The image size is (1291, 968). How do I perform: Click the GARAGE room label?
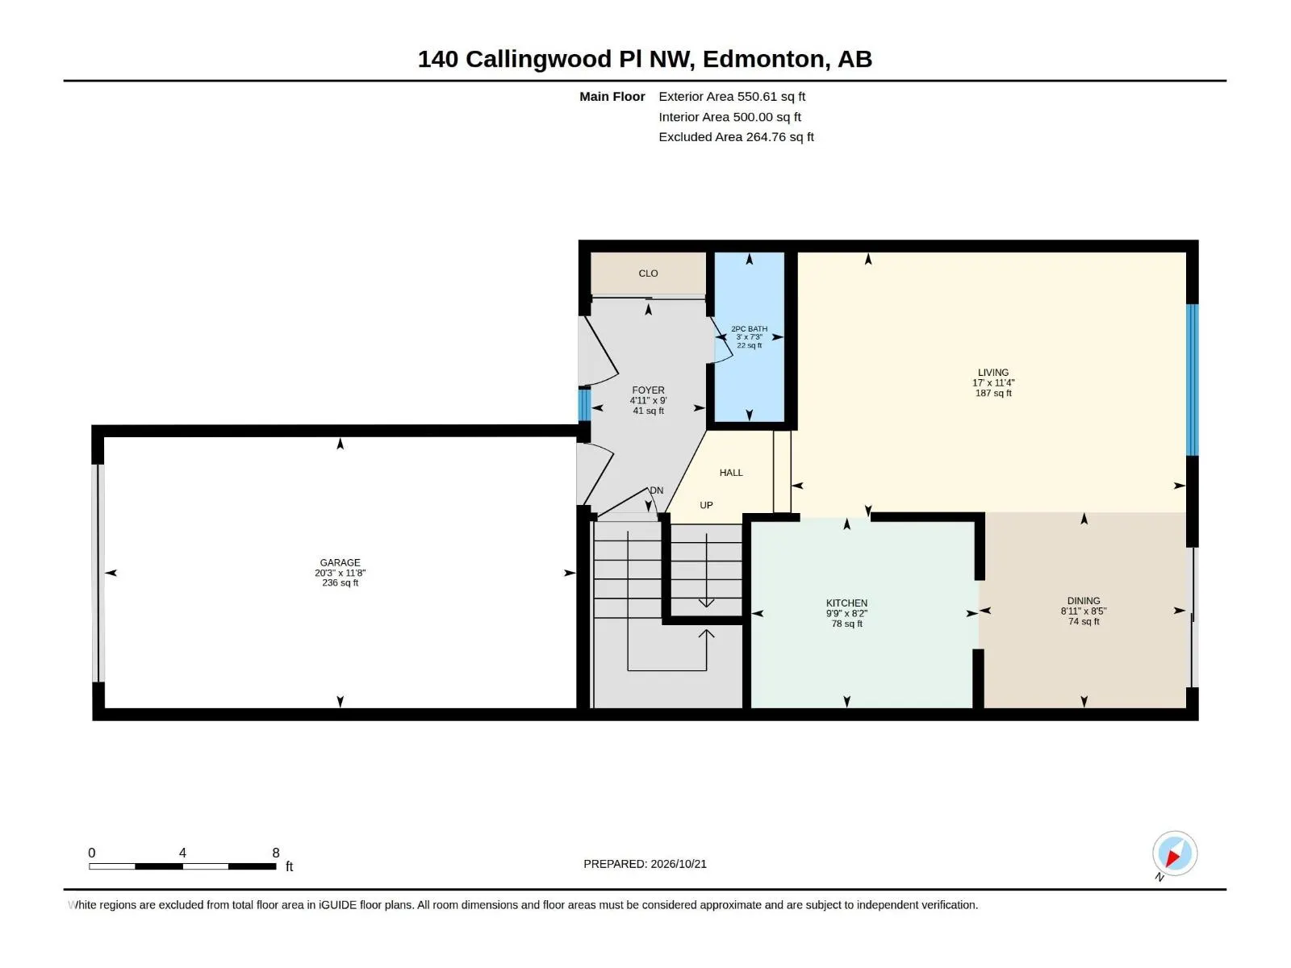[340, 562]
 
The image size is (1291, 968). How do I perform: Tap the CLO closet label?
[648, 273]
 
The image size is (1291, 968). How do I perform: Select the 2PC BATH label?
[750, 329]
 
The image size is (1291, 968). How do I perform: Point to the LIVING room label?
[993, 373]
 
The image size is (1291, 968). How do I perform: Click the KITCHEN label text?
[847, 603]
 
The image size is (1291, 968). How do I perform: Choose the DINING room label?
[1084, 601]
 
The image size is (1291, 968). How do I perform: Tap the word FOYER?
[648, 390]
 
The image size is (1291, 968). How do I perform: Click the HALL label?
[731, 473]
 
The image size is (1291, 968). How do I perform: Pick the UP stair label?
[706, 505]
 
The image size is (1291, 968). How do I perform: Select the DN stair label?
[656, 490]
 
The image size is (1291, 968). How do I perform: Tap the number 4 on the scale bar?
[182, 853]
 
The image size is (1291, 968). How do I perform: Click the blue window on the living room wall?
[1193, 380]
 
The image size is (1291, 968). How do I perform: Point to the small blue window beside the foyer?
[584, 405]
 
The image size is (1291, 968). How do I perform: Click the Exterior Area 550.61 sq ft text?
[732, 96]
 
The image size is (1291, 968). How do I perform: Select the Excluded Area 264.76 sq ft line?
[736, 137]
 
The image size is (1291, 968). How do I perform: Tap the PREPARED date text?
[645, 864]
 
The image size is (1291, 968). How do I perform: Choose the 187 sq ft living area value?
[993, 393]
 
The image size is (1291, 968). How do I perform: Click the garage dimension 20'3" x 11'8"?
[340, 573]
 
